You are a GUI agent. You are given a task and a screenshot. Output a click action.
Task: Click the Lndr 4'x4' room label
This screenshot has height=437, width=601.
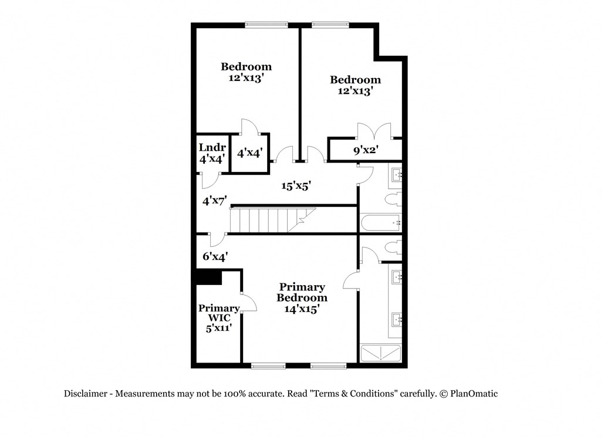tap(211, 152)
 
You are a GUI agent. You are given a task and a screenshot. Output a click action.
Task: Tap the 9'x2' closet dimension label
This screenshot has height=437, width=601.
tap(365, 151)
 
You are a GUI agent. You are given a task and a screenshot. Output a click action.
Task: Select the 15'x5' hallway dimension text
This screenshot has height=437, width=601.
tap(295, 186)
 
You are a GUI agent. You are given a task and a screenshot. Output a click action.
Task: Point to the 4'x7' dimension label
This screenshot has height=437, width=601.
tap(214, 201)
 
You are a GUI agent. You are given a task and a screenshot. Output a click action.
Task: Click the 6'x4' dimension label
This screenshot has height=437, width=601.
tap(215, 256)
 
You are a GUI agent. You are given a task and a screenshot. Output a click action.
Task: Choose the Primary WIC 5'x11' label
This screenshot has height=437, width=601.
tap(218, 318)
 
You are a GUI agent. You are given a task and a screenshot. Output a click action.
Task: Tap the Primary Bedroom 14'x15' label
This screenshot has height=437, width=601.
tap(302, 298)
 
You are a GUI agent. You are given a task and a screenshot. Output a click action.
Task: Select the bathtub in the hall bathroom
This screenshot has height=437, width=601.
tap(380, 223)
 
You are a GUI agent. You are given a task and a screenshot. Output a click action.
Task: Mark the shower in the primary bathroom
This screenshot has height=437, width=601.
tap(381, 353)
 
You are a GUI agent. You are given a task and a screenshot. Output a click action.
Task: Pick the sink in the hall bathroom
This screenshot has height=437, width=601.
tap(396, 174)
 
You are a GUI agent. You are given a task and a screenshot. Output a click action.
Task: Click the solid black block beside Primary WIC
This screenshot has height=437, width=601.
tap(208, 277)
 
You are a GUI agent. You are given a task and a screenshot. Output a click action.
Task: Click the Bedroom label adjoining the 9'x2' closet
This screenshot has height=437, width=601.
tap(355, 85)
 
